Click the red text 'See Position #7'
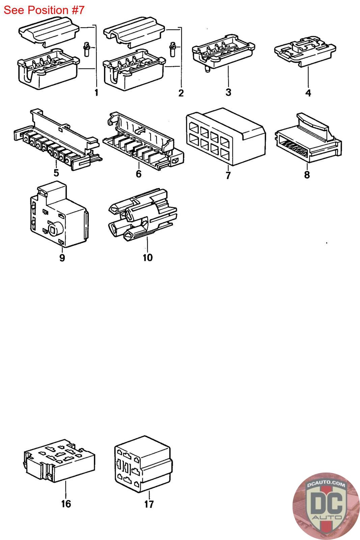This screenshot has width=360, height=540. pos(44,10)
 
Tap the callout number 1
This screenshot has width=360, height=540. pos(96,92)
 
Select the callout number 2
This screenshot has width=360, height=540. pos(181,93)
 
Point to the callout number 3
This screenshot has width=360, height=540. pos(228,92)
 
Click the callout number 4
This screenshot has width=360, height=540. pos(308,92)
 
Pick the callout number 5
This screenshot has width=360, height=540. pos(56,173)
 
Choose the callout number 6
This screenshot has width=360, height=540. pos(138,174)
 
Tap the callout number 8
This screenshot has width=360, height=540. pos(307,174)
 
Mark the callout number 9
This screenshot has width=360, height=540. pos(62,258)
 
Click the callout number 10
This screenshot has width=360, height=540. pos(147,258)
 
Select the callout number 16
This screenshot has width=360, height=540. pos(66,504)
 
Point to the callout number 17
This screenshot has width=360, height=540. pos(149,504)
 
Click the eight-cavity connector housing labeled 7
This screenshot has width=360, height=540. pos(224,137)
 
